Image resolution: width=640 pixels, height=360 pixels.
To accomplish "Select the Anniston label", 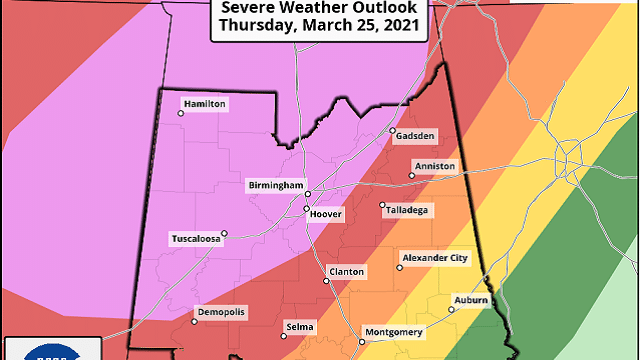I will [x=434, y=166].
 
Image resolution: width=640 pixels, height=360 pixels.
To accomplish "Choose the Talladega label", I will [x=407, y=209].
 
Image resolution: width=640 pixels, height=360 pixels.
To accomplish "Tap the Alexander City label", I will [x=434, y=257].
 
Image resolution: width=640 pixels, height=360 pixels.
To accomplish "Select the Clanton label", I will [x=347, y=272].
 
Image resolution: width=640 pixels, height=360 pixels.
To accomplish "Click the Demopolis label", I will [x=220, y=312].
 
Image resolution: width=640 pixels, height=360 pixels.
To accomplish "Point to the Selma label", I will [x=299, y=327].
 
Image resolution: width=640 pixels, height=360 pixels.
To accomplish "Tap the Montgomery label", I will [x=394, y=332].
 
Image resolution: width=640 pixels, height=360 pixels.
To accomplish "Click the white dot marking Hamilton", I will [x=181, y=113].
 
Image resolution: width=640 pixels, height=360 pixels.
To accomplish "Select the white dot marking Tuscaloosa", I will [x=225, y=234].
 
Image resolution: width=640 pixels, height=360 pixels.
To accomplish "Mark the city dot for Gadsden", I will [x=393, y=131].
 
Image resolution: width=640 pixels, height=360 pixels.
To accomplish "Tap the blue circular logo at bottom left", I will [x=50, y=352].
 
